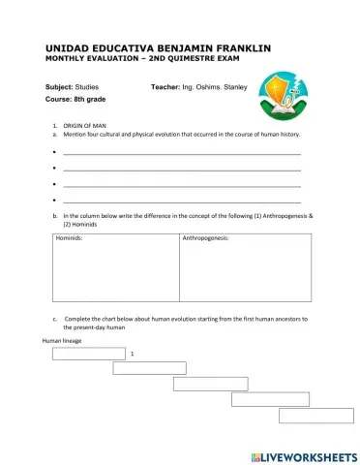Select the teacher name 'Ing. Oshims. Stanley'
coord(216,87)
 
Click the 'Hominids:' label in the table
coord(69,237)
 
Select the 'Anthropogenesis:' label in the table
coord(206,237)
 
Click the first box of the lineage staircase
coord(89,354)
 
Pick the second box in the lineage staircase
coord(149,368)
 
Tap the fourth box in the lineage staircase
coord(270,399)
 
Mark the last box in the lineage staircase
coord(315,416)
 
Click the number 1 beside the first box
coord(131,355)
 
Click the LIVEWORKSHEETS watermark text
coord(302,454)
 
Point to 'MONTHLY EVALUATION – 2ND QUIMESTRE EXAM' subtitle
coord(145,59)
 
